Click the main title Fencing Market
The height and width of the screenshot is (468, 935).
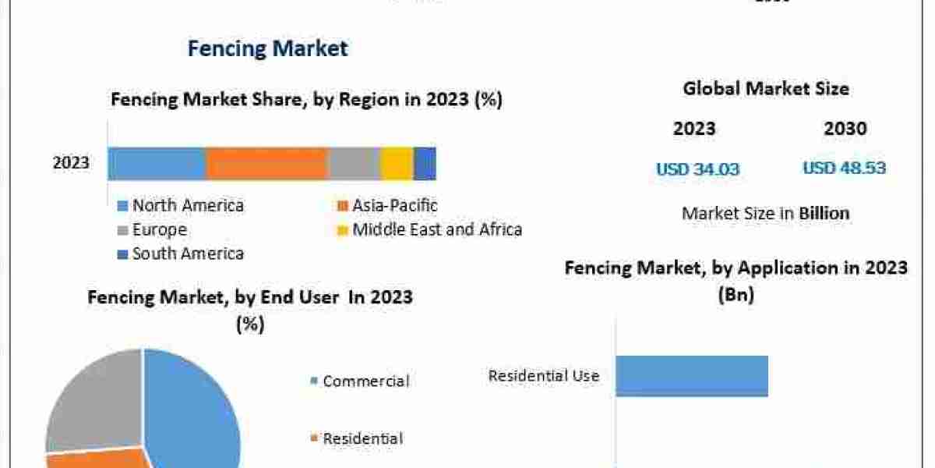coord(267,48)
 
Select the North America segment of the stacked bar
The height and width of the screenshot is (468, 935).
coord(157,164)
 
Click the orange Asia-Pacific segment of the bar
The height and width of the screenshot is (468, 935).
coord(266,164)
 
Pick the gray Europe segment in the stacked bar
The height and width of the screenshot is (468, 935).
coord(354,164)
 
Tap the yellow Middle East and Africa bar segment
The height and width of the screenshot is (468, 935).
coord(397,164)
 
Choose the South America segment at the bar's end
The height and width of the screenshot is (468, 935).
coord(425,164)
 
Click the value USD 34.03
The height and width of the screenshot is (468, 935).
coord(697,168)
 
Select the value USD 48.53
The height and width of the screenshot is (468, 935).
coord(844,168)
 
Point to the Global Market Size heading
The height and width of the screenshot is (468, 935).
coord(766,89)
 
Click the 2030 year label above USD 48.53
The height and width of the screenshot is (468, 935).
coord(845,129)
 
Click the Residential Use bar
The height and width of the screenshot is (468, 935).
coord(692,376)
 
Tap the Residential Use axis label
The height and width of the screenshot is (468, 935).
coord(544,376)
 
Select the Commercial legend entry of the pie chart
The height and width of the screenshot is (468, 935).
coord(365,381)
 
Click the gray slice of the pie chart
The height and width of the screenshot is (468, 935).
coord(90,398)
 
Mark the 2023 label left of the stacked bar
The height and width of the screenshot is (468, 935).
coord(71,164)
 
